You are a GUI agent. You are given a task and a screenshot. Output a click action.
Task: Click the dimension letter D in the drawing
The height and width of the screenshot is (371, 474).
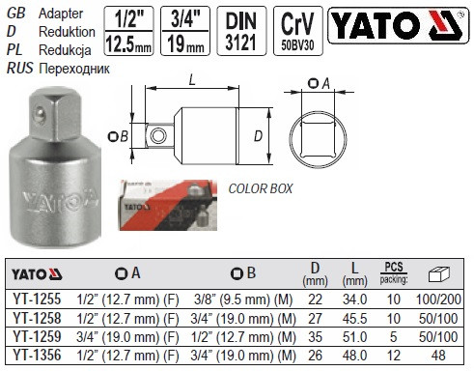pos(258,137)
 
